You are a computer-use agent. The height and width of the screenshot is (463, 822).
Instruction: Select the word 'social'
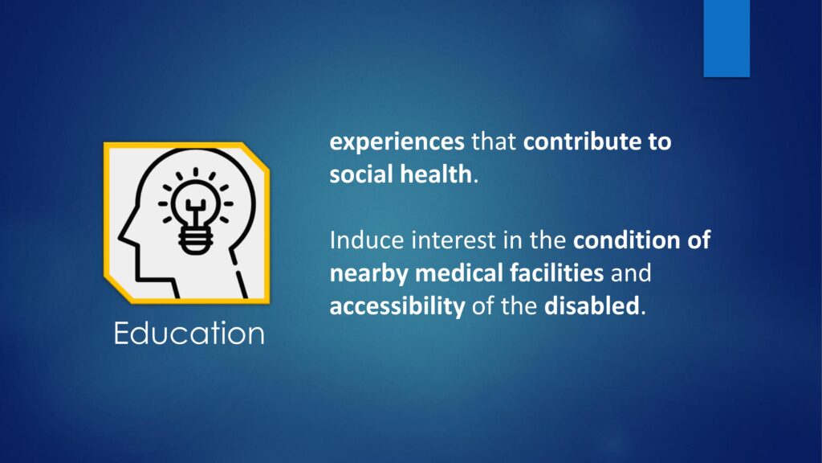click(362, 174)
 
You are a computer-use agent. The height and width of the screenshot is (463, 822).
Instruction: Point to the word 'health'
click(436, 174)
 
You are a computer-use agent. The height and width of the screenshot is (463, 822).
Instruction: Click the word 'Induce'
click(367, 240)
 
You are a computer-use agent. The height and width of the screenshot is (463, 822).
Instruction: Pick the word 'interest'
click(454, 240)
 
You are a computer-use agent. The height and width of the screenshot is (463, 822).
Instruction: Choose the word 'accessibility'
click(397, 306)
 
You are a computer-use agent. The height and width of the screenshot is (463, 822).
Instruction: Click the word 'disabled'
click(592, 305)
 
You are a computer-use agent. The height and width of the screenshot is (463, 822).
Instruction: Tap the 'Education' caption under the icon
click(189, 334)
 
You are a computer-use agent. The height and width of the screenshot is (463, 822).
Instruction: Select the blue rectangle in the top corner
click(726, 39)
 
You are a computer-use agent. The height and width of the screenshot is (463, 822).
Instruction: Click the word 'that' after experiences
click(494, 141)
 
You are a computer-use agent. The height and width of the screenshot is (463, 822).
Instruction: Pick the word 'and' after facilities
click(631, 273)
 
